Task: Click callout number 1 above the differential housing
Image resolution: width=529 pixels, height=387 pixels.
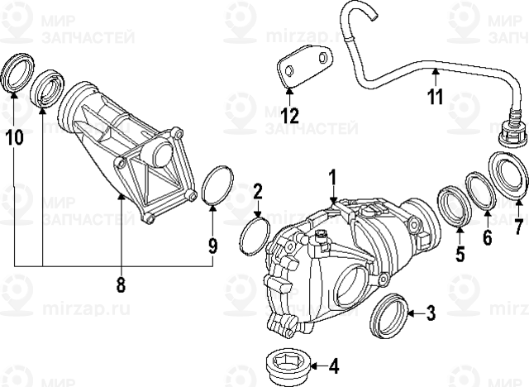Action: (332, 178)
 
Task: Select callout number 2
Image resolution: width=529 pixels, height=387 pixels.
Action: (257, 193)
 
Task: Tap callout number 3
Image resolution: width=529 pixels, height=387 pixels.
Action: (430, 313)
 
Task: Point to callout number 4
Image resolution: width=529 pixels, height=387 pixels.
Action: (333, 365)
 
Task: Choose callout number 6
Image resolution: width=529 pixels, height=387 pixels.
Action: (487, 238)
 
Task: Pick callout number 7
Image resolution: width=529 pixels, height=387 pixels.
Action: (518, 226)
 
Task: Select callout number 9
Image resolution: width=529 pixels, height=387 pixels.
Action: (212, 246)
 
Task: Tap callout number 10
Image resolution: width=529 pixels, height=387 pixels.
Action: (14, 137)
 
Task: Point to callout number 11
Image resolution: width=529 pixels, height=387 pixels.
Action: (436, 97)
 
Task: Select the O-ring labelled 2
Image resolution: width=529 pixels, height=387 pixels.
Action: (252, 236)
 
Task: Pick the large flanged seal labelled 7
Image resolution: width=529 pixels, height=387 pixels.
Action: (507, 174)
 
